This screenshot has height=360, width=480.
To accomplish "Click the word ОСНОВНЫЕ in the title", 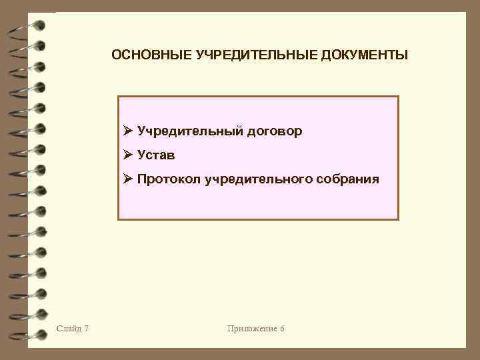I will (151, 54).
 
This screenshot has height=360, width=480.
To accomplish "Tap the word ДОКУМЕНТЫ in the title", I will (365, 54).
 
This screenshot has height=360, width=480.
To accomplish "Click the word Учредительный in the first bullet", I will (190, 131).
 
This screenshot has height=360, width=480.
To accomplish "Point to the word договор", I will (275, 131).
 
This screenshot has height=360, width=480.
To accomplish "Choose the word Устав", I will (157, 155).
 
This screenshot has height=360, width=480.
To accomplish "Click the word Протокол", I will (169, 179).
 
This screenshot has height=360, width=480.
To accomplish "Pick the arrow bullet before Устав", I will (129, 155).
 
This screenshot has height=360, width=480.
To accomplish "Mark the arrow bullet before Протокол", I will (129, 179).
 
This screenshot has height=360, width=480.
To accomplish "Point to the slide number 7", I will (88, 329).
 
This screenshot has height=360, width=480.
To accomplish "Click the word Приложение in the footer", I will (251, 329).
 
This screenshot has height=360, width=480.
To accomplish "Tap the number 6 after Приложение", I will (282, 329).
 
